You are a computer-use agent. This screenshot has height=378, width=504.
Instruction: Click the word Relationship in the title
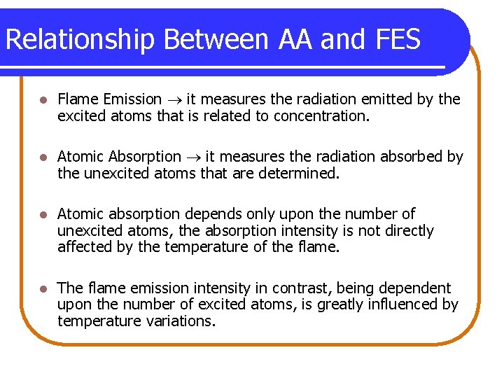(x=78, y=41)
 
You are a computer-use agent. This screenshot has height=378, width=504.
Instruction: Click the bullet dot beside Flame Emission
(x=43, y=100)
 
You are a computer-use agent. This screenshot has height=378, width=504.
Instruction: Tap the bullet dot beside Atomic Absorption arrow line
(x=43, y=157)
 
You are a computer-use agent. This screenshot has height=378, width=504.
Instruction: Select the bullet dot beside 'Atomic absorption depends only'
(x=43, y=214)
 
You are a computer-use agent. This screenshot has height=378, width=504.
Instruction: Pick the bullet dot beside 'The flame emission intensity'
(x=43, y=288)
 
